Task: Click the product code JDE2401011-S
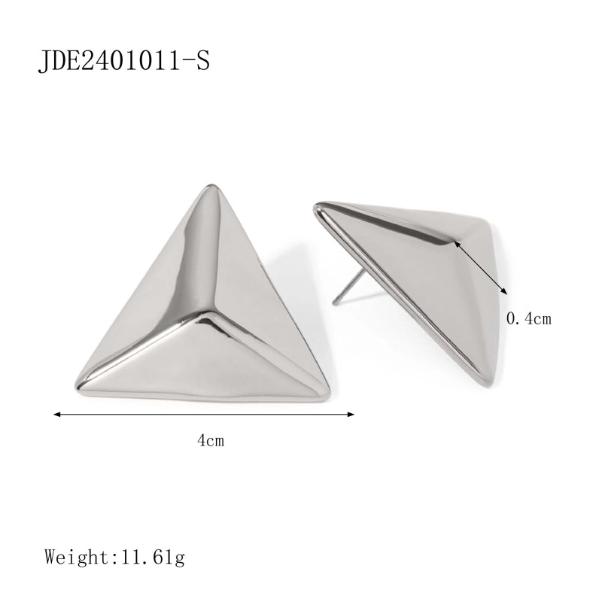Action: point(123,61)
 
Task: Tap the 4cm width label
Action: point(211,441)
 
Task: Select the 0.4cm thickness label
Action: point(529,319)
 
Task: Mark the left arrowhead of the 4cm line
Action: point(55,413)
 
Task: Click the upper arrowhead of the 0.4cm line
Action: point(458,244)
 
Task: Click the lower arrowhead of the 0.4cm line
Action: point(507,292)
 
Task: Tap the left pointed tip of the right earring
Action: point(318,204)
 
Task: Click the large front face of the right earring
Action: point(421,301)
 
